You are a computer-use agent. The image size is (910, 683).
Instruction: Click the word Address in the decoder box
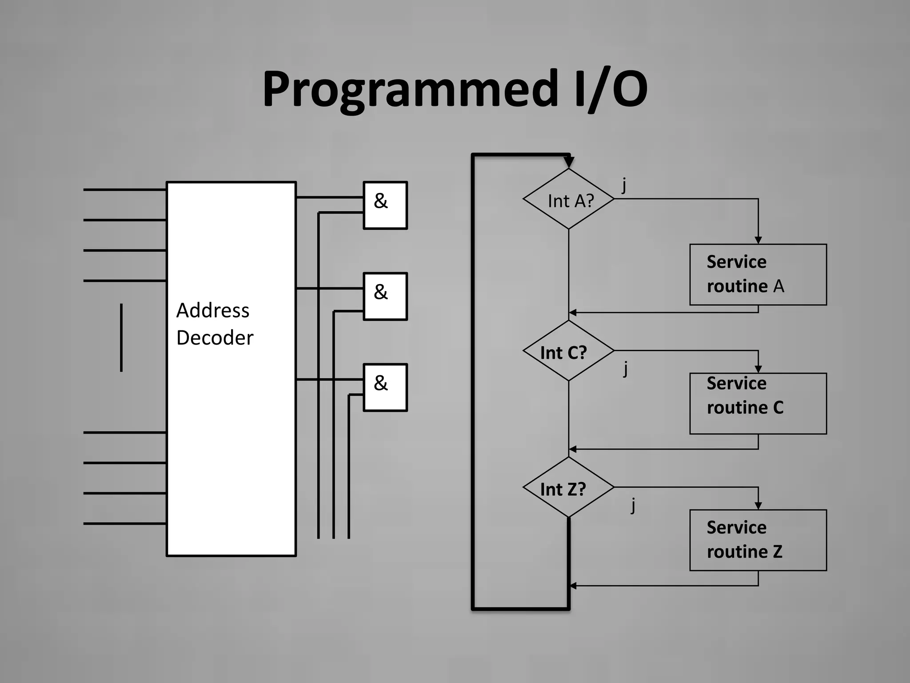212,310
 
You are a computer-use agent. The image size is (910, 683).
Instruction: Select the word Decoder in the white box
215,338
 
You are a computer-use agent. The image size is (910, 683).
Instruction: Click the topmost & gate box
385,205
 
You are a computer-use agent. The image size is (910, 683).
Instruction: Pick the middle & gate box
385,296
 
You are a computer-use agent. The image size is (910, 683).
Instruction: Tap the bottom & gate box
385,387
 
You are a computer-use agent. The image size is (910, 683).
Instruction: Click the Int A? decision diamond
569,199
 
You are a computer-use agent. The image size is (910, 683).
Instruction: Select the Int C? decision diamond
569,351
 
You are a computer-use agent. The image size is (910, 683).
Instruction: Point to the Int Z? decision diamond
569,488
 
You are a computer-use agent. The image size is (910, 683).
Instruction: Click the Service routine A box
758,274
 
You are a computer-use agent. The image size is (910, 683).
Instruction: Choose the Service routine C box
758,403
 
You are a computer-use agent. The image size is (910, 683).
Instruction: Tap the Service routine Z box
758,540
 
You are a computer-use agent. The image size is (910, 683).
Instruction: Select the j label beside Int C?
626,368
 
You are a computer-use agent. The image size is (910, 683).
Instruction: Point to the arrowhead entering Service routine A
758,240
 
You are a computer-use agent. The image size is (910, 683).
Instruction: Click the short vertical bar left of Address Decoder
121,337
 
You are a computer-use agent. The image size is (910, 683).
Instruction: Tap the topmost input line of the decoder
124,190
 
